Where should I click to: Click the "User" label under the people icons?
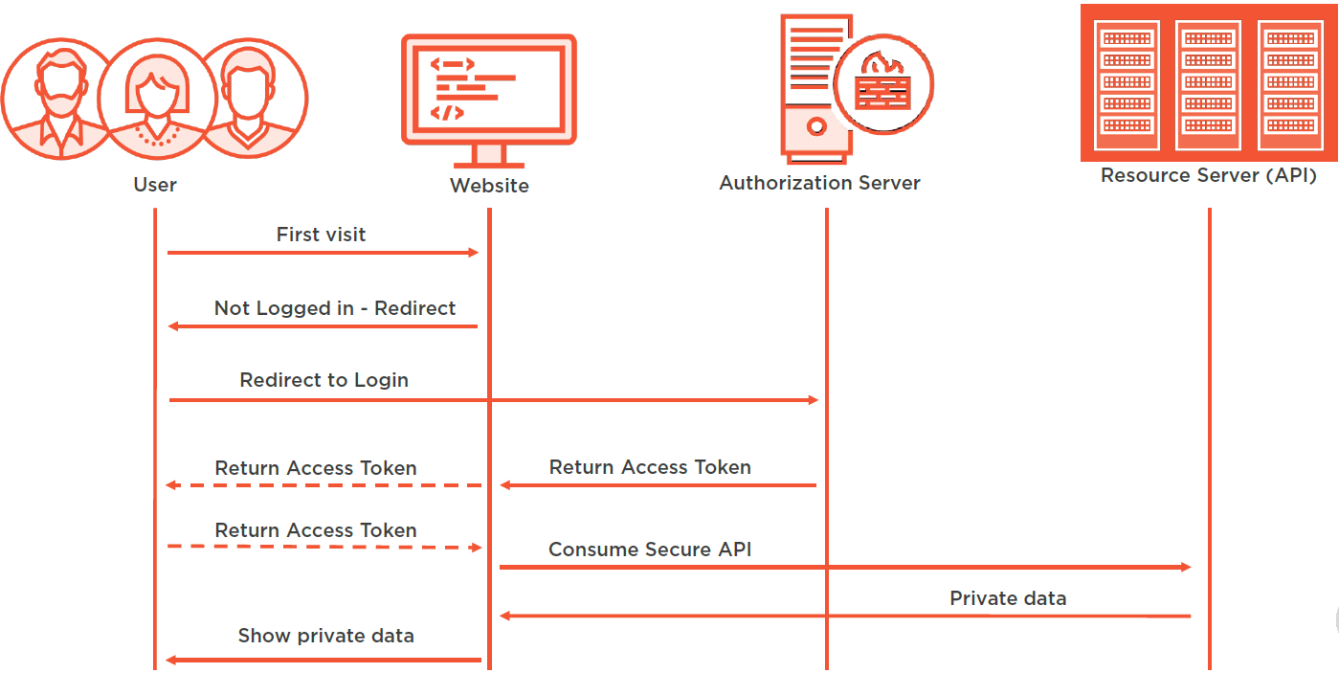pyautogui.click(x=155, y=185)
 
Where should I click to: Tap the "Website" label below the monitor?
pyautogui.click(x=489, y=186)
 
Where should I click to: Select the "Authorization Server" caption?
pyautogui.click(x=819, y=183)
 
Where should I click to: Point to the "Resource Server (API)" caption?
pyautogui.click(x=1209, y=175)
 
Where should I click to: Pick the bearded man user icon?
pyautogui.click(x=53, y=96)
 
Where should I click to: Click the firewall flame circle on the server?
pyautogui.click(x=882, y=84)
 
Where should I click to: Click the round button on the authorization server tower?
pyautogui.click(x=815, y=125)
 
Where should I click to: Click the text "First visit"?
pyautogui.click(x=321, y=235)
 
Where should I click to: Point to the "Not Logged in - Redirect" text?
pyautogui.click(x=335, y=308)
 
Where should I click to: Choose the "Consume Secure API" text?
pyautogui.click(x=650, y=550)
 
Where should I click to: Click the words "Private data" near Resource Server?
pyautogui.click(x=1008, y=598)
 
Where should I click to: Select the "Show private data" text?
pyautogui.click(x=325, y=636)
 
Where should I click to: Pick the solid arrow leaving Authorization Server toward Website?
pyautogui.click(x=658, y=485)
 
